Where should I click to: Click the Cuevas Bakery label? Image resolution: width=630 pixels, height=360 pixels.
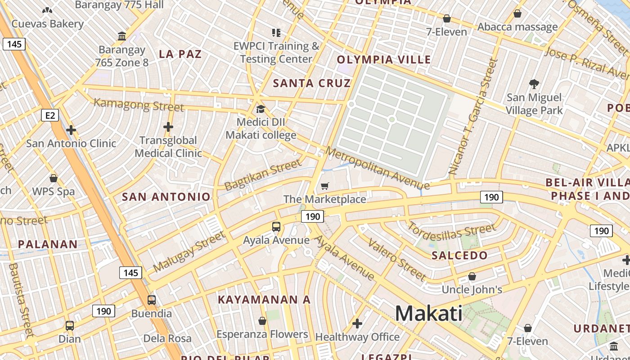(48, 23)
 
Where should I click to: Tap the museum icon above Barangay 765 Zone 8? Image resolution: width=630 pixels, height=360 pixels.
(122, 36)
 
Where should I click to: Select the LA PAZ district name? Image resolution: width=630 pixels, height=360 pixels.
(180, 54)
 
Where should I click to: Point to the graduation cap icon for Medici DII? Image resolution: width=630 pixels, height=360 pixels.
(261, 109)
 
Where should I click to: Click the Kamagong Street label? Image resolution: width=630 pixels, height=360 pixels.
(139, 105)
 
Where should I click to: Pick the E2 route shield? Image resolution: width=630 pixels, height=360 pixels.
(50, 116)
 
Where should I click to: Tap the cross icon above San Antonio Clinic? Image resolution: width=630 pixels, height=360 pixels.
(71, 130)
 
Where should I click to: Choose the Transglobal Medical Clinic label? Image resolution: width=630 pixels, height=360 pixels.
(168, 147)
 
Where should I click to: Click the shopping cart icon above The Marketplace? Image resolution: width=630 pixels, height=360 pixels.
(325, 186)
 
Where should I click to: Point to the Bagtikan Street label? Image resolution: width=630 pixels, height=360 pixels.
(263, 175)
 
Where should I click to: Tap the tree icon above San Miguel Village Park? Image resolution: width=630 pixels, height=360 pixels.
(534, 84)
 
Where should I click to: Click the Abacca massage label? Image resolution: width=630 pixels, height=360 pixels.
(517, 27)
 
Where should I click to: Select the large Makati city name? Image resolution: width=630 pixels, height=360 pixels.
(428, 313)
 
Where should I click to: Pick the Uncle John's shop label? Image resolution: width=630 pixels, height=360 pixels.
(472, 289)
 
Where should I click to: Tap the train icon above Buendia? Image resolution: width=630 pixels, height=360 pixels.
(152, 300)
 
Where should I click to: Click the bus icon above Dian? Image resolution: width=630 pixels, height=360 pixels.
(70, 325)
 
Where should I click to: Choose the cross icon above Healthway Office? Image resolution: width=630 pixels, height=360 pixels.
(357, 323)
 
